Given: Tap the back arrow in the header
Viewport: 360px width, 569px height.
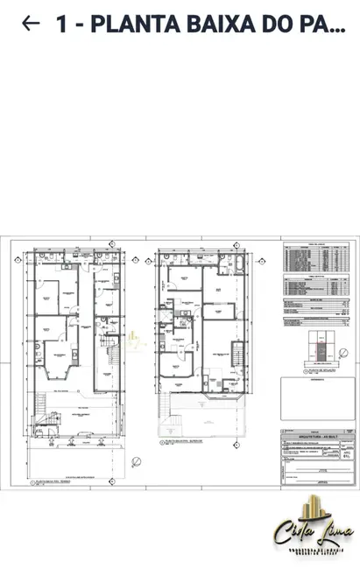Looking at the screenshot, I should point(30,24).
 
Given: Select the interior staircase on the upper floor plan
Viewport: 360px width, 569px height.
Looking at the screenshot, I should point(236,355).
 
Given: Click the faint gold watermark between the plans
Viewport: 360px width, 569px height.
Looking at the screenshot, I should point(133,342).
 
